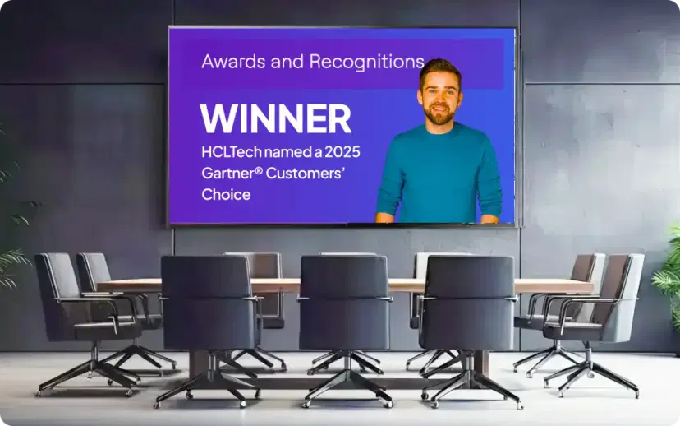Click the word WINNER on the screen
point(275,119)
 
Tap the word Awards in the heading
point(227,62)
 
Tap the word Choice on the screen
point(226,195)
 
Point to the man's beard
point(441,113)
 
